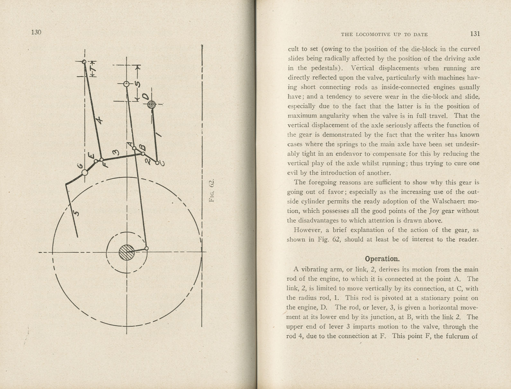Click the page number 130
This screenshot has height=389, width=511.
36,32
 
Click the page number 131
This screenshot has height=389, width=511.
475,34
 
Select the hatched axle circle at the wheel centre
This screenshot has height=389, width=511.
127,252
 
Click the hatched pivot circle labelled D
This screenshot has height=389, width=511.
152,104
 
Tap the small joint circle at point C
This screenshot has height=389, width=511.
157,162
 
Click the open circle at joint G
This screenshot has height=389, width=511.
85,173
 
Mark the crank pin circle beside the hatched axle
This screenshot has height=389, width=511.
147,249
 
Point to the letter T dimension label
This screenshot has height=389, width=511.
94,69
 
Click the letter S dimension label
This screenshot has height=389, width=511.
138,84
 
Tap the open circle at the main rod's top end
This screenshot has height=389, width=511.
127,84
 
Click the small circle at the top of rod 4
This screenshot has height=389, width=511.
84,61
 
